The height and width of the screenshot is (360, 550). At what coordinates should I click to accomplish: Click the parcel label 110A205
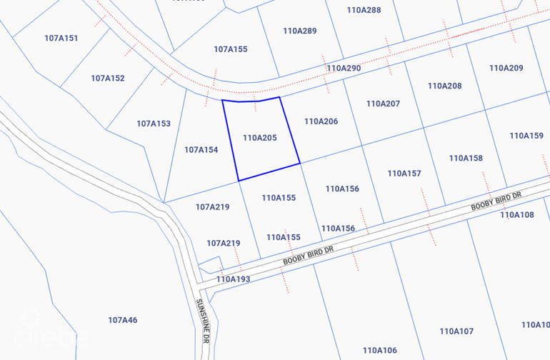[259, 138]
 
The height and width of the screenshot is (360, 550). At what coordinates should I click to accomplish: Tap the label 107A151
[61, 38]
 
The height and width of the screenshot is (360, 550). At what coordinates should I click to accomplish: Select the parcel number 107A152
[108, 78]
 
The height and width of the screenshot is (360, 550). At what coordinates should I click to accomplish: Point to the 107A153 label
[154, 124]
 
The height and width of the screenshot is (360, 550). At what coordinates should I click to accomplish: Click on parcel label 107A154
[201, 150]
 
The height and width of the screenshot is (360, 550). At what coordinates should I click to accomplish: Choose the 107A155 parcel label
[230, 49]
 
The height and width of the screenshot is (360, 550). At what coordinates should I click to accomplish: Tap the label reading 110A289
[299, 31]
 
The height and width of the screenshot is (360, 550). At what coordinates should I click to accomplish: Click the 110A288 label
[364, 10]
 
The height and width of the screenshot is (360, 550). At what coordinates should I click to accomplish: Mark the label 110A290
[344, 68]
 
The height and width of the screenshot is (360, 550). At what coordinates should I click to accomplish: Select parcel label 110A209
[506, 68]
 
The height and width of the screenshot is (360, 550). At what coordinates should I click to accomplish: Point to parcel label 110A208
[444, 86]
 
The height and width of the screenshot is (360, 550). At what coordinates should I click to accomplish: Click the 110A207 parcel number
[383, 104]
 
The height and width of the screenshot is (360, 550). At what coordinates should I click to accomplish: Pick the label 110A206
[321, 121]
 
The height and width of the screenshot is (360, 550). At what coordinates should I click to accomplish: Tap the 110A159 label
[526, 136]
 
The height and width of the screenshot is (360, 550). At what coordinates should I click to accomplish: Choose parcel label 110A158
[466, 158]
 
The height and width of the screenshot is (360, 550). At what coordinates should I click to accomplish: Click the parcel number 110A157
[404, 174]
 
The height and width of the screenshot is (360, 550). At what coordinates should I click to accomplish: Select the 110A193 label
[233, 279]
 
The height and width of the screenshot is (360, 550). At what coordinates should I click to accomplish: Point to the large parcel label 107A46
[122, 320]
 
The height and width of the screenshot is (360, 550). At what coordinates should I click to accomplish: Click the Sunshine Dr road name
[201, 321]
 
